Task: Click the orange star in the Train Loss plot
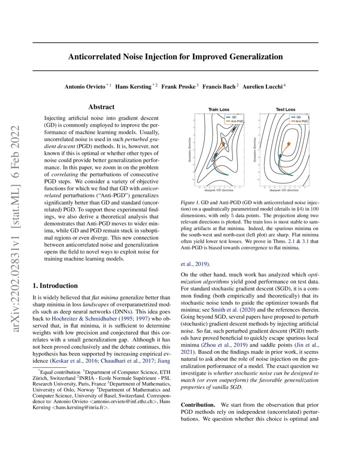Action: click(223, 144)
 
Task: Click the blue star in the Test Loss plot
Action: click(280, 156)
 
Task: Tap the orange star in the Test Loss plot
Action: click(289, 144)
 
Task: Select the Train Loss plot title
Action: click(219, 110)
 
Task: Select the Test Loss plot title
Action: click(285, 110)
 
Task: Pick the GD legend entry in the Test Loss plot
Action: click(298, 117)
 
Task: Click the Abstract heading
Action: click(102, 108)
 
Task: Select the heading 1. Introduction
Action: click(55, 286)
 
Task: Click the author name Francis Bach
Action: click(220, 86)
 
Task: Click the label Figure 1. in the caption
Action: click(189, 204)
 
